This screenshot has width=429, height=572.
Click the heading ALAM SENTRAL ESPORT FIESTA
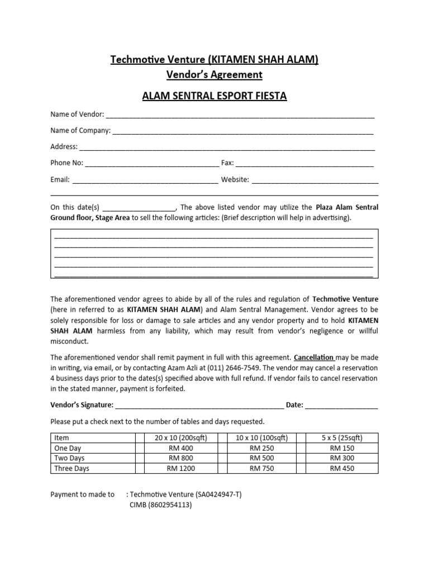[x=214, y=96]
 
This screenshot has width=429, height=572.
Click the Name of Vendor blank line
[x=240, y=116]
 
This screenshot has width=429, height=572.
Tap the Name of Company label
[x=80, y=131]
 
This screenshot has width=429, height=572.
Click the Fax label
[x=227, y=163]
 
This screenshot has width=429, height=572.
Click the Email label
[x=60, y=180]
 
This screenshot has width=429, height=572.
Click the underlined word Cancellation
[x=314, y=357]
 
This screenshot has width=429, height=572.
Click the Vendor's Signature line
[x=199, y=406]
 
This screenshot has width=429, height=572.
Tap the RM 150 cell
[x=342, y=448]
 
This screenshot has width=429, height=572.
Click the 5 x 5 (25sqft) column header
[x=342, y=438]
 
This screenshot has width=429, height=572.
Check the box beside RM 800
[x=139, y=459]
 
